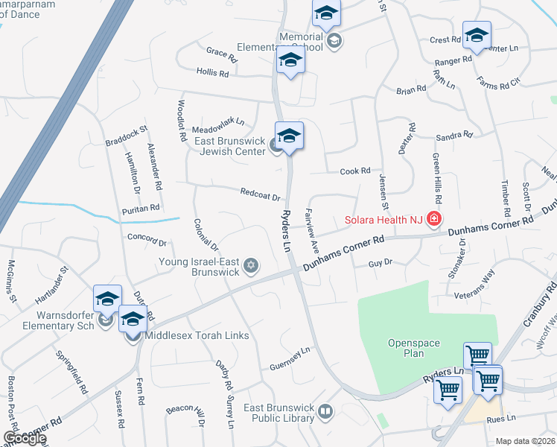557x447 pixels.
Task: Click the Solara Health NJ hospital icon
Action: pos(433,220)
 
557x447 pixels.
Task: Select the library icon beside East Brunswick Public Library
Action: pos(325,410)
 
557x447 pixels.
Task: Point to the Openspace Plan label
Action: pos(413,348)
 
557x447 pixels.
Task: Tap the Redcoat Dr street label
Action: pos(260,194)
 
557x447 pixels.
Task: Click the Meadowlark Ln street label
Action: pos(218,122)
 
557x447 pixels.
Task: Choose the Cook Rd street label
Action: pos(355,171)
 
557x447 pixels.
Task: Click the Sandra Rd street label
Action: pos(454,136)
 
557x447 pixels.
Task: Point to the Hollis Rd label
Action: pos(212,72)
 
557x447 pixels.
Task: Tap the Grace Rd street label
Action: pos(221,54)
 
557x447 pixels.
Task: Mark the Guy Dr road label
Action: pos(380,264)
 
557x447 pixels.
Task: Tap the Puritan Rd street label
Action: pos(141,209)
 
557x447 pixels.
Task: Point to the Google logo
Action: pos(25,438)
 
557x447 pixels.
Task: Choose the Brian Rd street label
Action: pos(411,90)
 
